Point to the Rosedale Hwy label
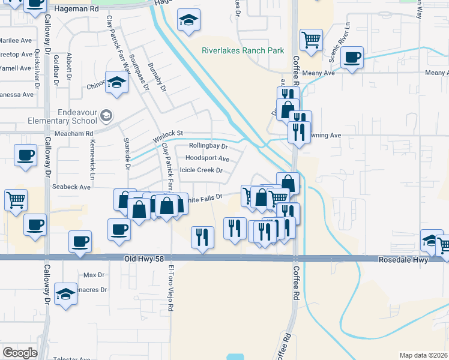[403, 260]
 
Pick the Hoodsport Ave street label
[208, 158]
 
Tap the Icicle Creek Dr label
[197, 170]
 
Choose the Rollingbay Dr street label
[208, 146]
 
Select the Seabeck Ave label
[71, 187]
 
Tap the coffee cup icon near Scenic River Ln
[352, 58]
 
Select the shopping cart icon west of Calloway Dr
[16, 199]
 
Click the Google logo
[20, 353]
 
